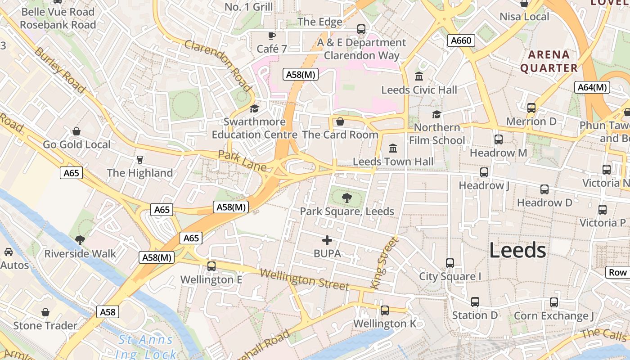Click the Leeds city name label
pyautogui.click(x=517, y=250)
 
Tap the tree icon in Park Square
pyautogui.click(x=346, y=197)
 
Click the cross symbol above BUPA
pyautogui.click(x=327, y=240)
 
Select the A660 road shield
pyautogui.click(x=461, y=41)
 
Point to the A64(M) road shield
pyautogui.click(x=592, y=87)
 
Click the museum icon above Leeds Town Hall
pyautogui.click(x=393, y=148)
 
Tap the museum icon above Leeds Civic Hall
pyautogui.click(x=419, y=76)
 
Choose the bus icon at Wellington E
pyautogui.click(x=211, y=266)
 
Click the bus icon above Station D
pyautogui.click(x=475, y=302)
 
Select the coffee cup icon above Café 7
pyautogui.click(x=272, y=36)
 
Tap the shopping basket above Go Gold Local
pyautogui.click(x=76, y=131)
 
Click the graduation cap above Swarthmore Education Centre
pyautogui.click(x=255, y=108)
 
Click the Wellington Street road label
pyautogui.click(x=304, y=279)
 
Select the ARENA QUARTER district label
pyautogui.click(x=549, y=61)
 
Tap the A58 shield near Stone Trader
pyautogui.click(x=108, y=312)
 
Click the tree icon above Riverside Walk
pyautogui.click(x=80, y=240)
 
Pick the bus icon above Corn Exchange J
pyautogui.click(x=554, y=302)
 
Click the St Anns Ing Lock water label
pyautogui.click(x=145, y=347)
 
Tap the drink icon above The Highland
pyautogui.click(x=139, y=160)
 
